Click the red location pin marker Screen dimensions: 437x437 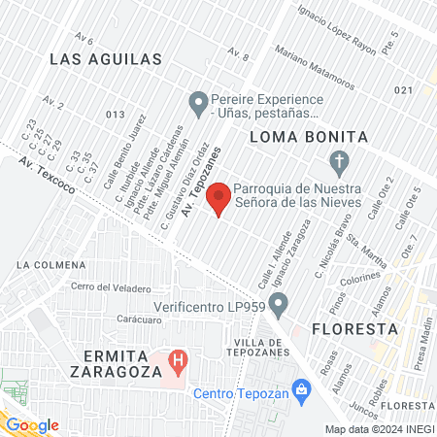[219, 198]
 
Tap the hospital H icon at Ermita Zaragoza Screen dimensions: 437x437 [178, 363]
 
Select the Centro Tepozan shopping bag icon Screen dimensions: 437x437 [301, 392]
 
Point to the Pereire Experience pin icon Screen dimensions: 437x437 [198, 100]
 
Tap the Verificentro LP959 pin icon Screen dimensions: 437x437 [279, 308]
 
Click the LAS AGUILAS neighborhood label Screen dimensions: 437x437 [105, 60]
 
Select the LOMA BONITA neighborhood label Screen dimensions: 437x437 [308, 137]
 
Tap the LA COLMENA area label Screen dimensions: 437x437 [45, 264]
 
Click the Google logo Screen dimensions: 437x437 [32, 424]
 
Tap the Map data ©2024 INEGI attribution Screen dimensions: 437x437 [379, 429]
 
